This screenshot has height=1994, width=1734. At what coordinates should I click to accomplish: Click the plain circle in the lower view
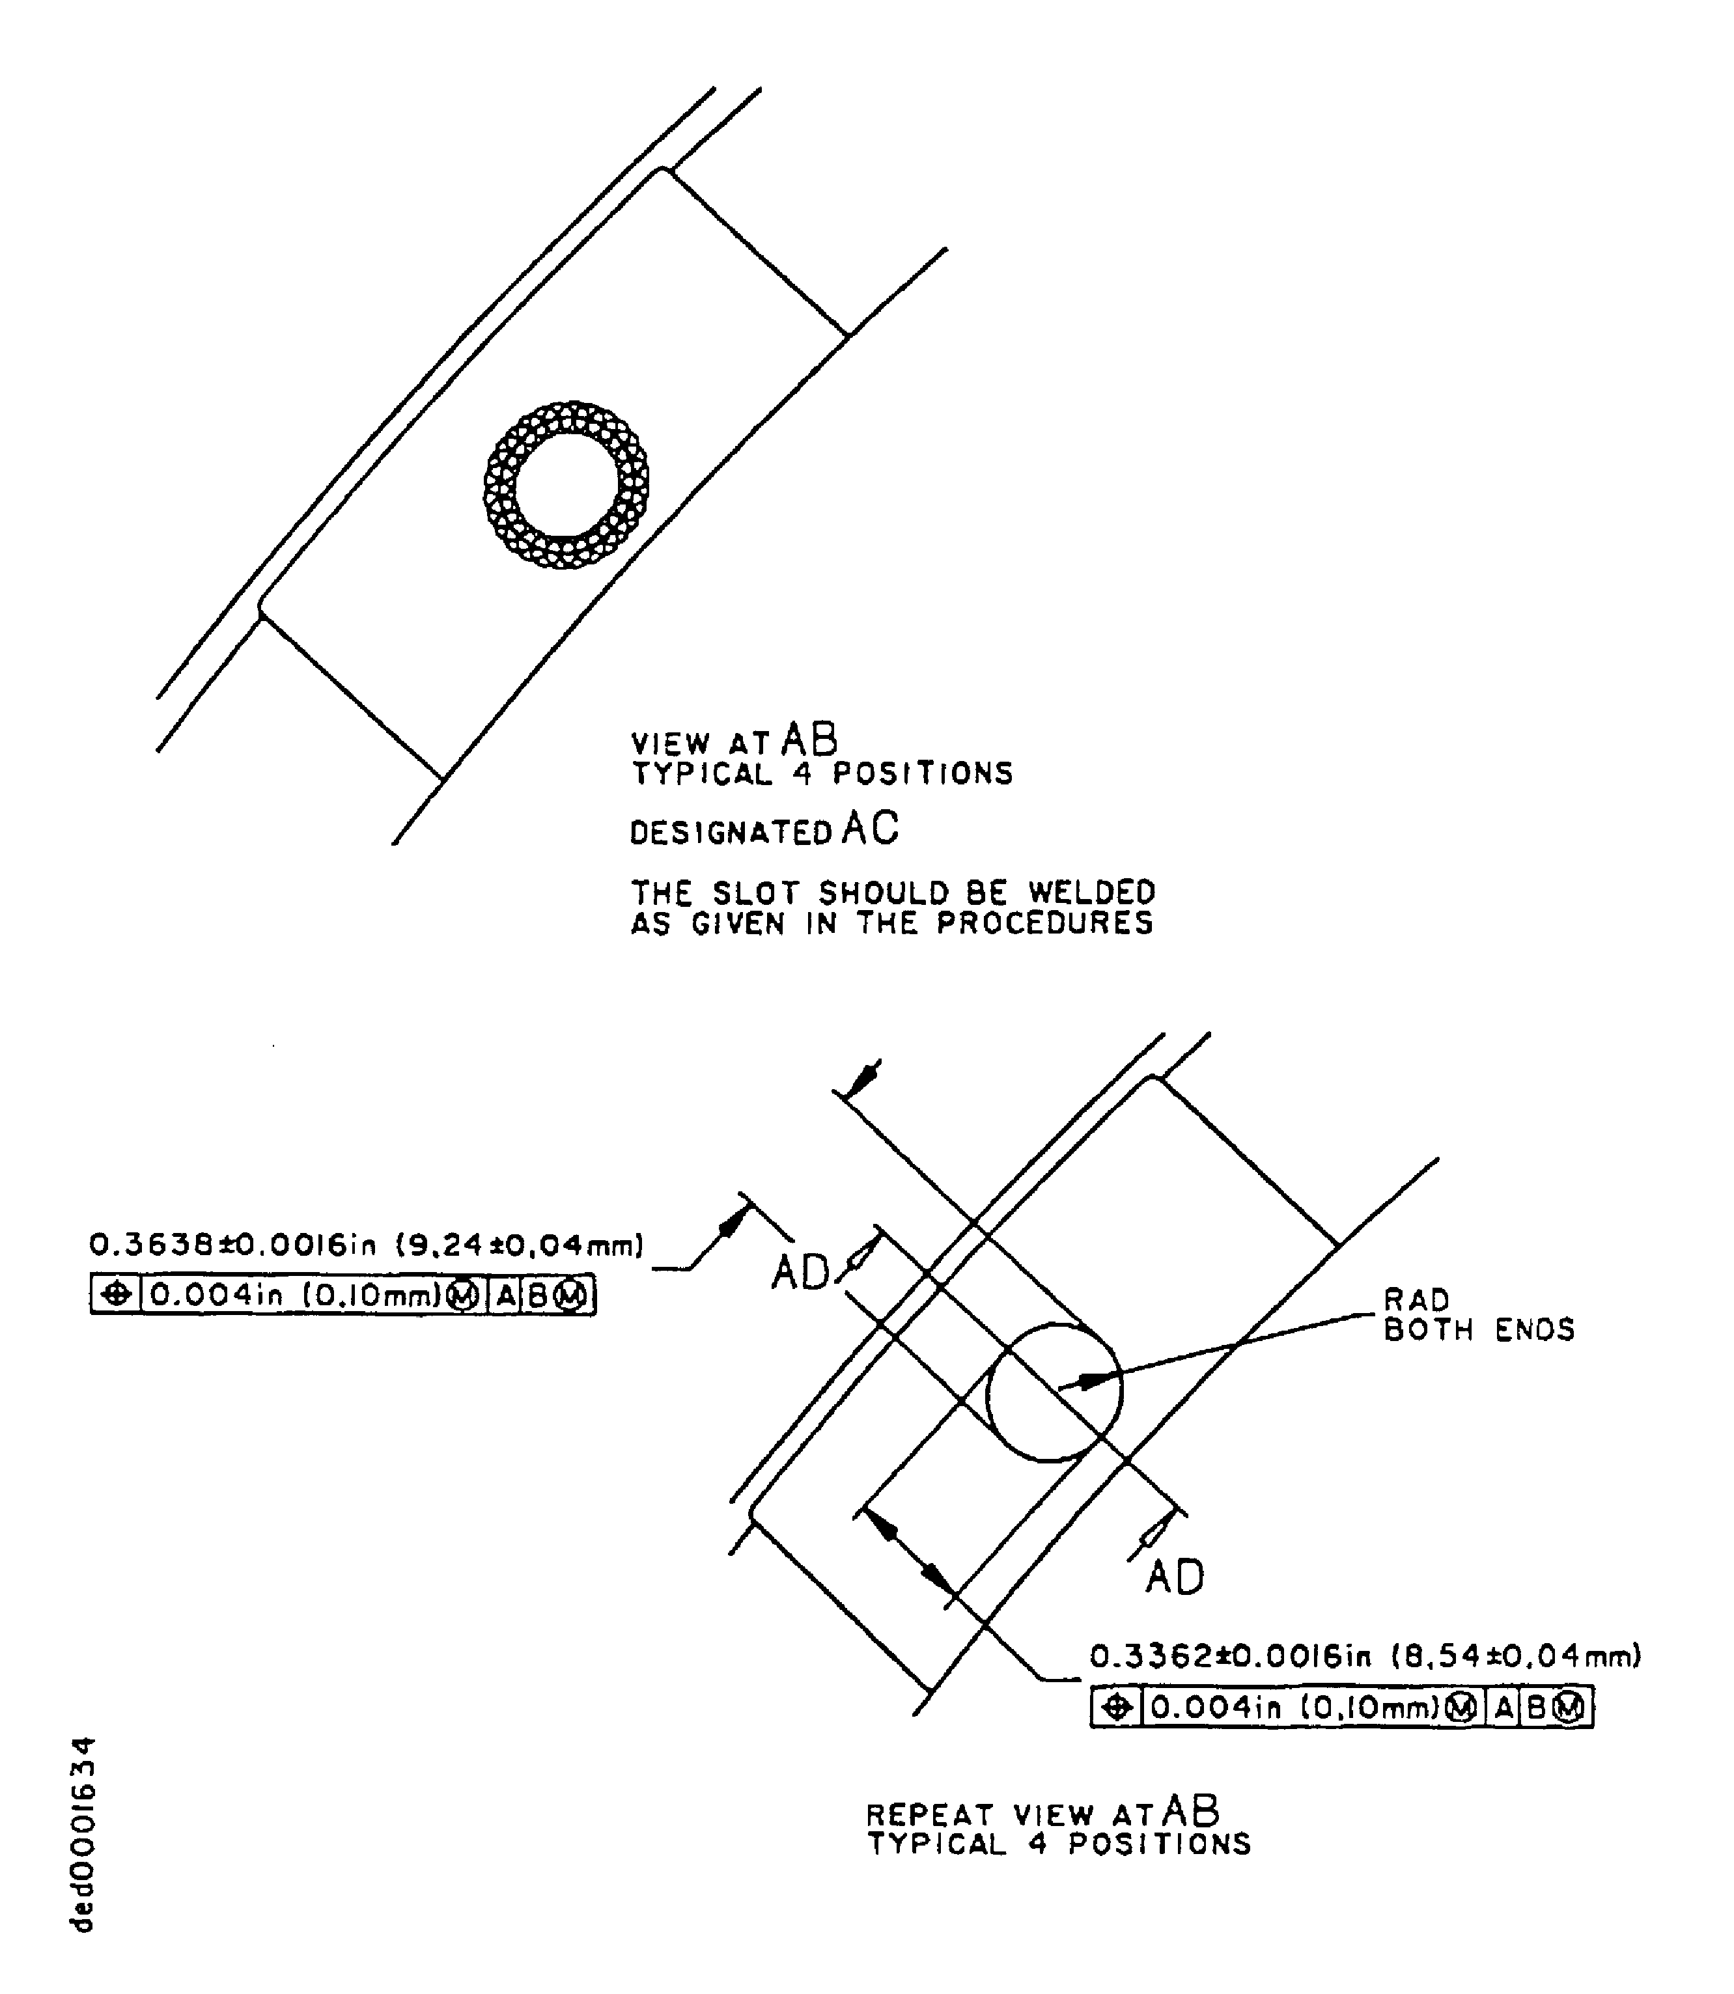(1054, 1393)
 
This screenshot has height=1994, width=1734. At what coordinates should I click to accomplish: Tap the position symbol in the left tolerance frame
(116, 1294)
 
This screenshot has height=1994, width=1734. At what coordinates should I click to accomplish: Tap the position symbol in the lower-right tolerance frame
(1117, 1708)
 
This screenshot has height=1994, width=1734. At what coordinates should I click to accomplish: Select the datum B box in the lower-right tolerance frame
(1535, 1708)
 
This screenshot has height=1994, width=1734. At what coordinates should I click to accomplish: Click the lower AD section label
(1175, 1577)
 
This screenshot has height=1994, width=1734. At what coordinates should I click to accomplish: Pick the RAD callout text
(1416, 1299)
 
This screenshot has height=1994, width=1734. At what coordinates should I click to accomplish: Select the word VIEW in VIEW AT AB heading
(669, 743)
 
